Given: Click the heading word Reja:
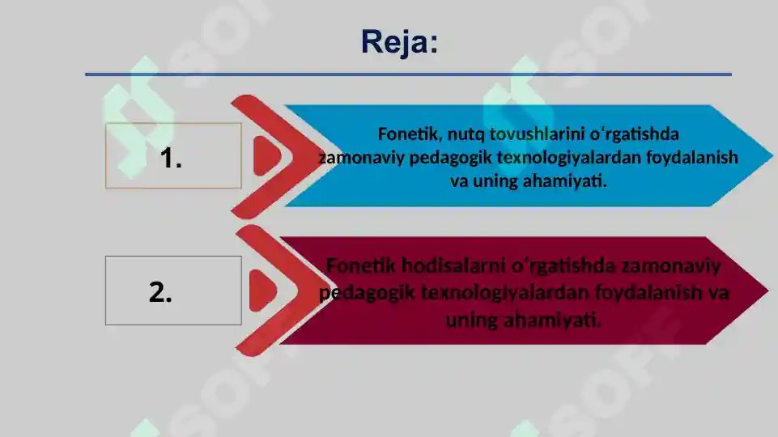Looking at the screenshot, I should tap(400, 41).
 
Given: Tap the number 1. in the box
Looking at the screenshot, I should tap(171, 158).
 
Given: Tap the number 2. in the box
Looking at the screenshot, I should tap(160, 292).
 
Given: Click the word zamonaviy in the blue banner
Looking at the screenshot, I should tap(361, 157).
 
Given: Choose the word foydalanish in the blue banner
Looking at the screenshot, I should tap(692, 157).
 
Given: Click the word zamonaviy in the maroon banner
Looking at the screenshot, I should tap(671, 265).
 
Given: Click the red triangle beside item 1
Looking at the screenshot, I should tap(265, 154).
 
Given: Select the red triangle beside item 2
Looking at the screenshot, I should tap(262, 289).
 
